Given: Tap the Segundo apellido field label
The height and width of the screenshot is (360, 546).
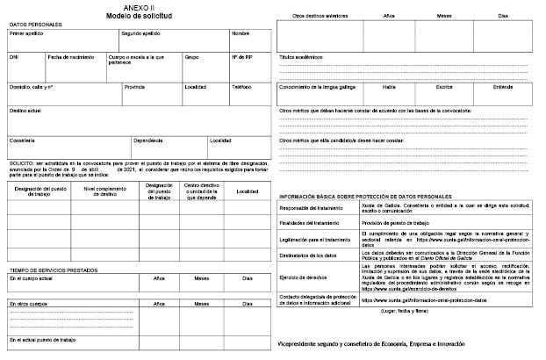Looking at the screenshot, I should point(142,34).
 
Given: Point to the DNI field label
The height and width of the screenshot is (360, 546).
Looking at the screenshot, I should point(14,57).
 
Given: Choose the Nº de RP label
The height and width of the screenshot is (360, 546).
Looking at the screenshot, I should point(241,57).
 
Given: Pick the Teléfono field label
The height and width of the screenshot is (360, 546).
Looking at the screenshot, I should point(241,87).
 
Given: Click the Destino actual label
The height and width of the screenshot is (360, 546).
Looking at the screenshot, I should point(25,112).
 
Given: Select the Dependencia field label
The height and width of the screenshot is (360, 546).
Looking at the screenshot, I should point(148,140).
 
